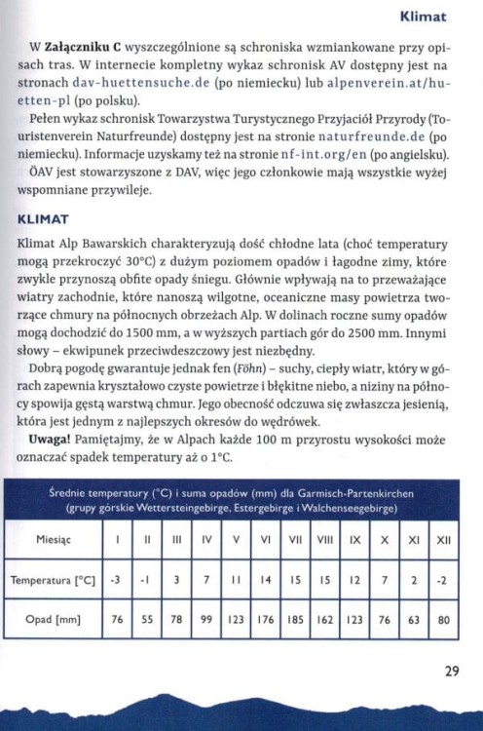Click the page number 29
pyautogui.click(x=450, y=671)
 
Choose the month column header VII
pyautogui.click(x=296, y=538)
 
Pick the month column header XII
pyautogui.click(x=442, y=538)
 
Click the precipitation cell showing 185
pyautogui.click(x=296, y=618)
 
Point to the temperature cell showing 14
pyautogui.click(x=267, y=579)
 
